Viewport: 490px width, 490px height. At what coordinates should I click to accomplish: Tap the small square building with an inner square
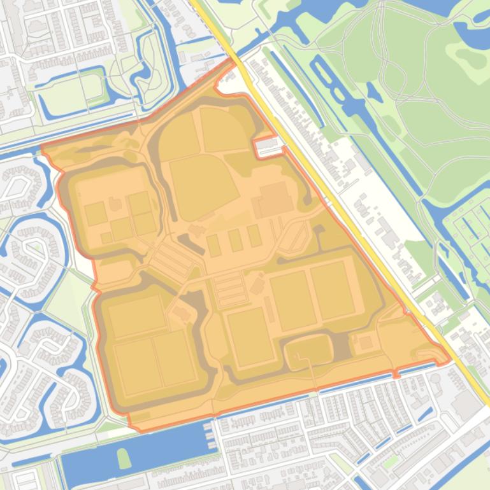tap(366, 343)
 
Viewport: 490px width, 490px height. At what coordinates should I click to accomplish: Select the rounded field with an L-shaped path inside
tap(308, 351)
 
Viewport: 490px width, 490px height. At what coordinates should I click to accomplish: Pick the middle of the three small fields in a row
tap(235, 240)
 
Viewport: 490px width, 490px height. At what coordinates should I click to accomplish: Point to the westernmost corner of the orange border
tap(41, 148)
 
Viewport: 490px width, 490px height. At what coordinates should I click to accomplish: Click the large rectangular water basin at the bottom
tap(137, 453)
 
